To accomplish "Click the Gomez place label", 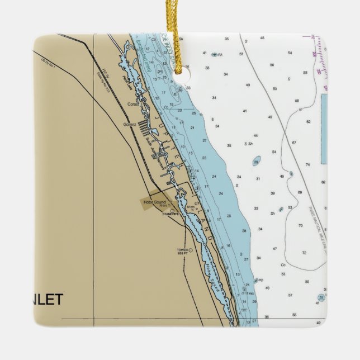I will [x=129, y=124].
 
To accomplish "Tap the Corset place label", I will [x=132, y=104].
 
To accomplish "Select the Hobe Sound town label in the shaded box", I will [x=154, y=202].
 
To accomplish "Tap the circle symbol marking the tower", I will [x=191, y=250].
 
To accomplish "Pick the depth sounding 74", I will [x=307, y=165].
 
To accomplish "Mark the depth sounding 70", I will [x=300, y=226].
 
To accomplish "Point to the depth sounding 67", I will [x=293, y=143].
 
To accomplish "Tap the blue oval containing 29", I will [x=256, y=163].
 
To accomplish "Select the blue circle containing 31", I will [x=321, y=297].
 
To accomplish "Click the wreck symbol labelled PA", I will [x=214, y=55].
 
